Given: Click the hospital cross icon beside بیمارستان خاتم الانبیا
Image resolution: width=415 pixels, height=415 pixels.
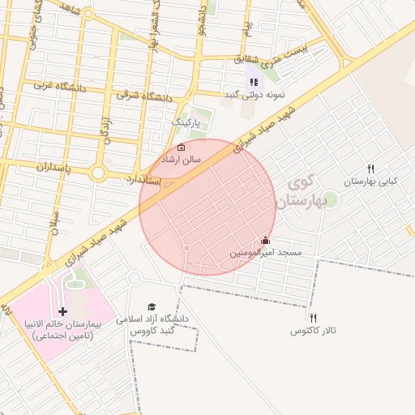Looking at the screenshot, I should (x=62, y=311).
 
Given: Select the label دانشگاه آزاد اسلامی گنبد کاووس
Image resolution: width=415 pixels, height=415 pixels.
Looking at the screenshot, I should (x=155, y=324).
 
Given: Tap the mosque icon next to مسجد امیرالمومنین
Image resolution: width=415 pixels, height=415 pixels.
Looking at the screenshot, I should (x=265, y=241).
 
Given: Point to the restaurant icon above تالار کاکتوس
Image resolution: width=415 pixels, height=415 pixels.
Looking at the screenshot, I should (x=313, y=319).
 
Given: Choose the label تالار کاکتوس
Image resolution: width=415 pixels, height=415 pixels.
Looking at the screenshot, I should (x=312, y=332).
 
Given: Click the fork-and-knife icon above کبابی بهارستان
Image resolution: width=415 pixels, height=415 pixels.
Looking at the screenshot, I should (x=370, y=169).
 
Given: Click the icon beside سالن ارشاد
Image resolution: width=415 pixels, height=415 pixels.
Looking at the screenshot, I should (x=181, y=148).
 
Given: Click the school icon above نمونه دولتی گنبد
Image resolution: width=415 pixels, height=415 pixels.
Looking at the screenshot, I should (x=254, y=82).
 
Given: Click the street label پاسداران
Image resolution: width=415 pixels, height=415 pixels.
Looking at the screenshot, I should (x=53, y=168).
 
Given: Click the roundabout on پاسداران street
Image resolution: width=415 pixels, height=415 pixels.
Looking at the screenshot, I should (x=98, y=173).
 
